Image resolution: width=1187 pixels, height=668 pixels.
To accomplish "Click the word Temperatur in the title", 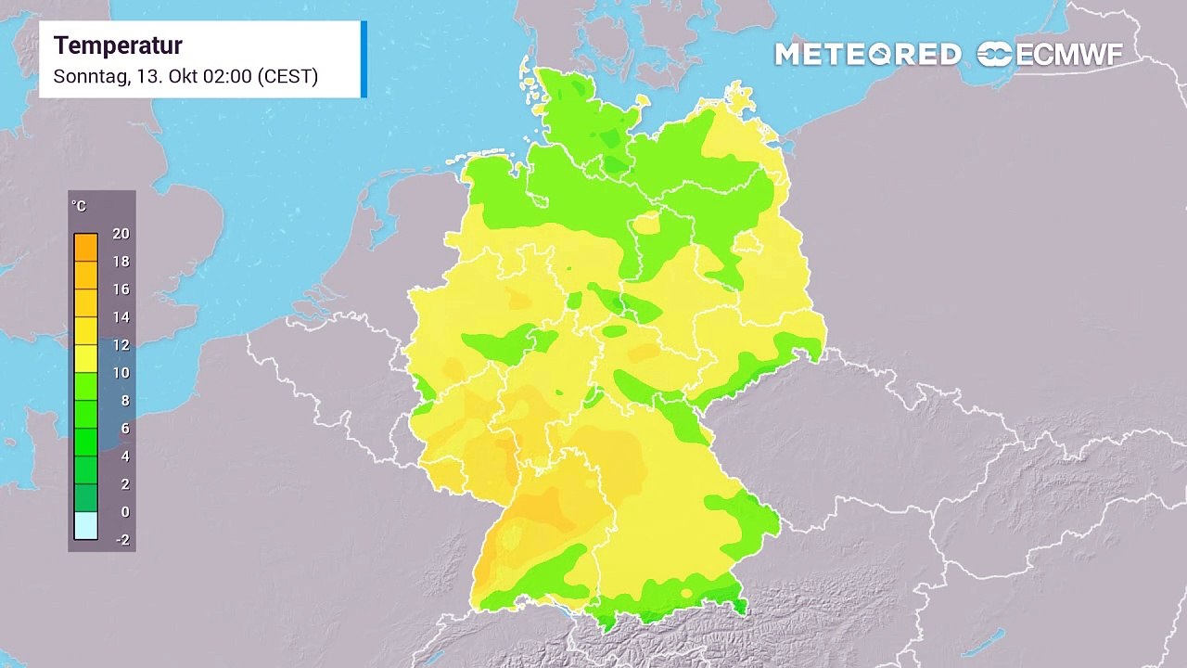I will coord(118,45).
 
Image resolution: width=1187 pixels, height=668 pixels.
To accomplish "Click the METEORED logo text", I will coord(867,55).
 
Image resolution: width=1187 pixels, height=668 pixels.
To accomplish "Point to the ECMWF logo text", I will coord(1068,55).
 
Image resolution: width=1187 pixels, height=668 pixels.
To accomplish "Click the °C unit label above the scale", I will coord(79,206).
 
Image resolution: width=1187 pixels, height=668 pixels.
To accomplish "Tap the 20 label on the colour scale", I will coord(121,234).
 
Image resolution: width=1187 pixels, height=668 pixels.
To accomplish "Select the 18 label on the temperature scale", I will coord(121,262).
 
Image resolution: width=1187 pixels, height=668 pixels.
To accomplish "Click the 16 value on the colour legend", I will coord(121,289).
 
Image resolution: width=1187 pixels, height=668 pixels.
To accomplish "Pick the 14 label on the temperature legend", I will coord(121,317).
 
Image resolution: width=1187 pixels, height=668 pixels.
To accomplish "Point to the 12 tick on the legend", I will coord(121,345).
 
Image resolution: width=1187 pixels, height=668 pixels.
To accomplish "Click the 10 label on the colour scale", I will coord(121,373).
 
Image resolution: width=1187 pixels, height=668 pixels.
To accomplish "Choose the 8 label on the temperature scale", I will coord(124,401).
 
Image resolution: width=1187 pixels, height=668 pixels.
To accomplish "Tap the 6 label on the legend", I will coord(124,429).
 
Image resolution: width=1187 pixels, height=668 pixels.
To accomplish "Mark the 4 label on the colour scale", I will coord(124,456).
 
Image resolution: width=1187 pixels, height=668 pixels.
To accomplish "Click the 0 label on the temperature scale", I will coord(124,512).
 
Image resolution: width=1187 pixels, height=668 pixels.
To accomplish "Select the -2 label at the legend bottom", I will coord(121,540).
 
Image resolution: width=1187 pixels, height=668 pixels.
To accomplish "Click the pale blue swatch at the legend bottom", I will coord(85,526).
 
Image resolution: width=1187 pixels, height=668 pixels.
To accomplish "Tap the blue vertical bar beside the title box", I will coord(364,58).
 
